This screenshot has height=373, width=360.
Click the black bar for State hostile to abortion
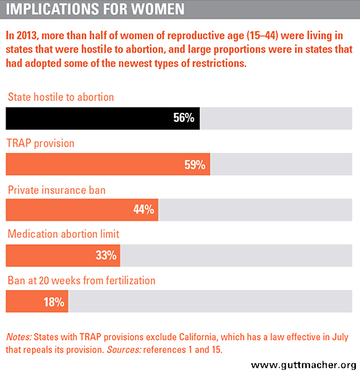[x=102, y=118]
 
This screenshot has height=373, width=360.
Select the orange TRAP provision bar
[x=108, y=164]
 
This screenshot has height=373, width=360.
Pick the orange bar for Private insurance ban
[x=82, y=210]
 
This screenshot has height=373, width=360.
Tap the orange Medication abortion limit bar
[x=63, y=255]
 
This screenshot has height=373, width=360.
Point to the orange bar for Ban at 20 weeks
[x=37, y=301]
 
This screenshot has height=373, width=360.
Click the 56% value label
[x=183, y=118]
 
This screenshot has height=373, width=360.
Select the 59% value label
[x=195, y=165]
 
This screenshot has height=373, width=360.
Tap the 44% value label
[x=143, y=210]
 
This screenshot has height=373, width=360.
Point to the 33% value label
[x=106, y=255]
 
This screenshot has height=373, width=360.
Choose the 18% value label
[x=54, y=302]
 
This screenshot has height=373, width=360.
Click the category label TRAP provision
[x=40, y=143]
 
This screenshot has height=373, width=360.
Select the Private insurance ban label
[x=57, y=190]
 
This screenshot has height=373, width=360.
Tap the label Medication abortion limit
[x=63, y=234]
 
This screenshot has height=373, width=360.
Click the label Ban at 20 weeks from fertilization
[x=82, y=280]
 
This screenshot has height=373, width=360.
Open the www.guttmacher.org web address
[x=304, y=365]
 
